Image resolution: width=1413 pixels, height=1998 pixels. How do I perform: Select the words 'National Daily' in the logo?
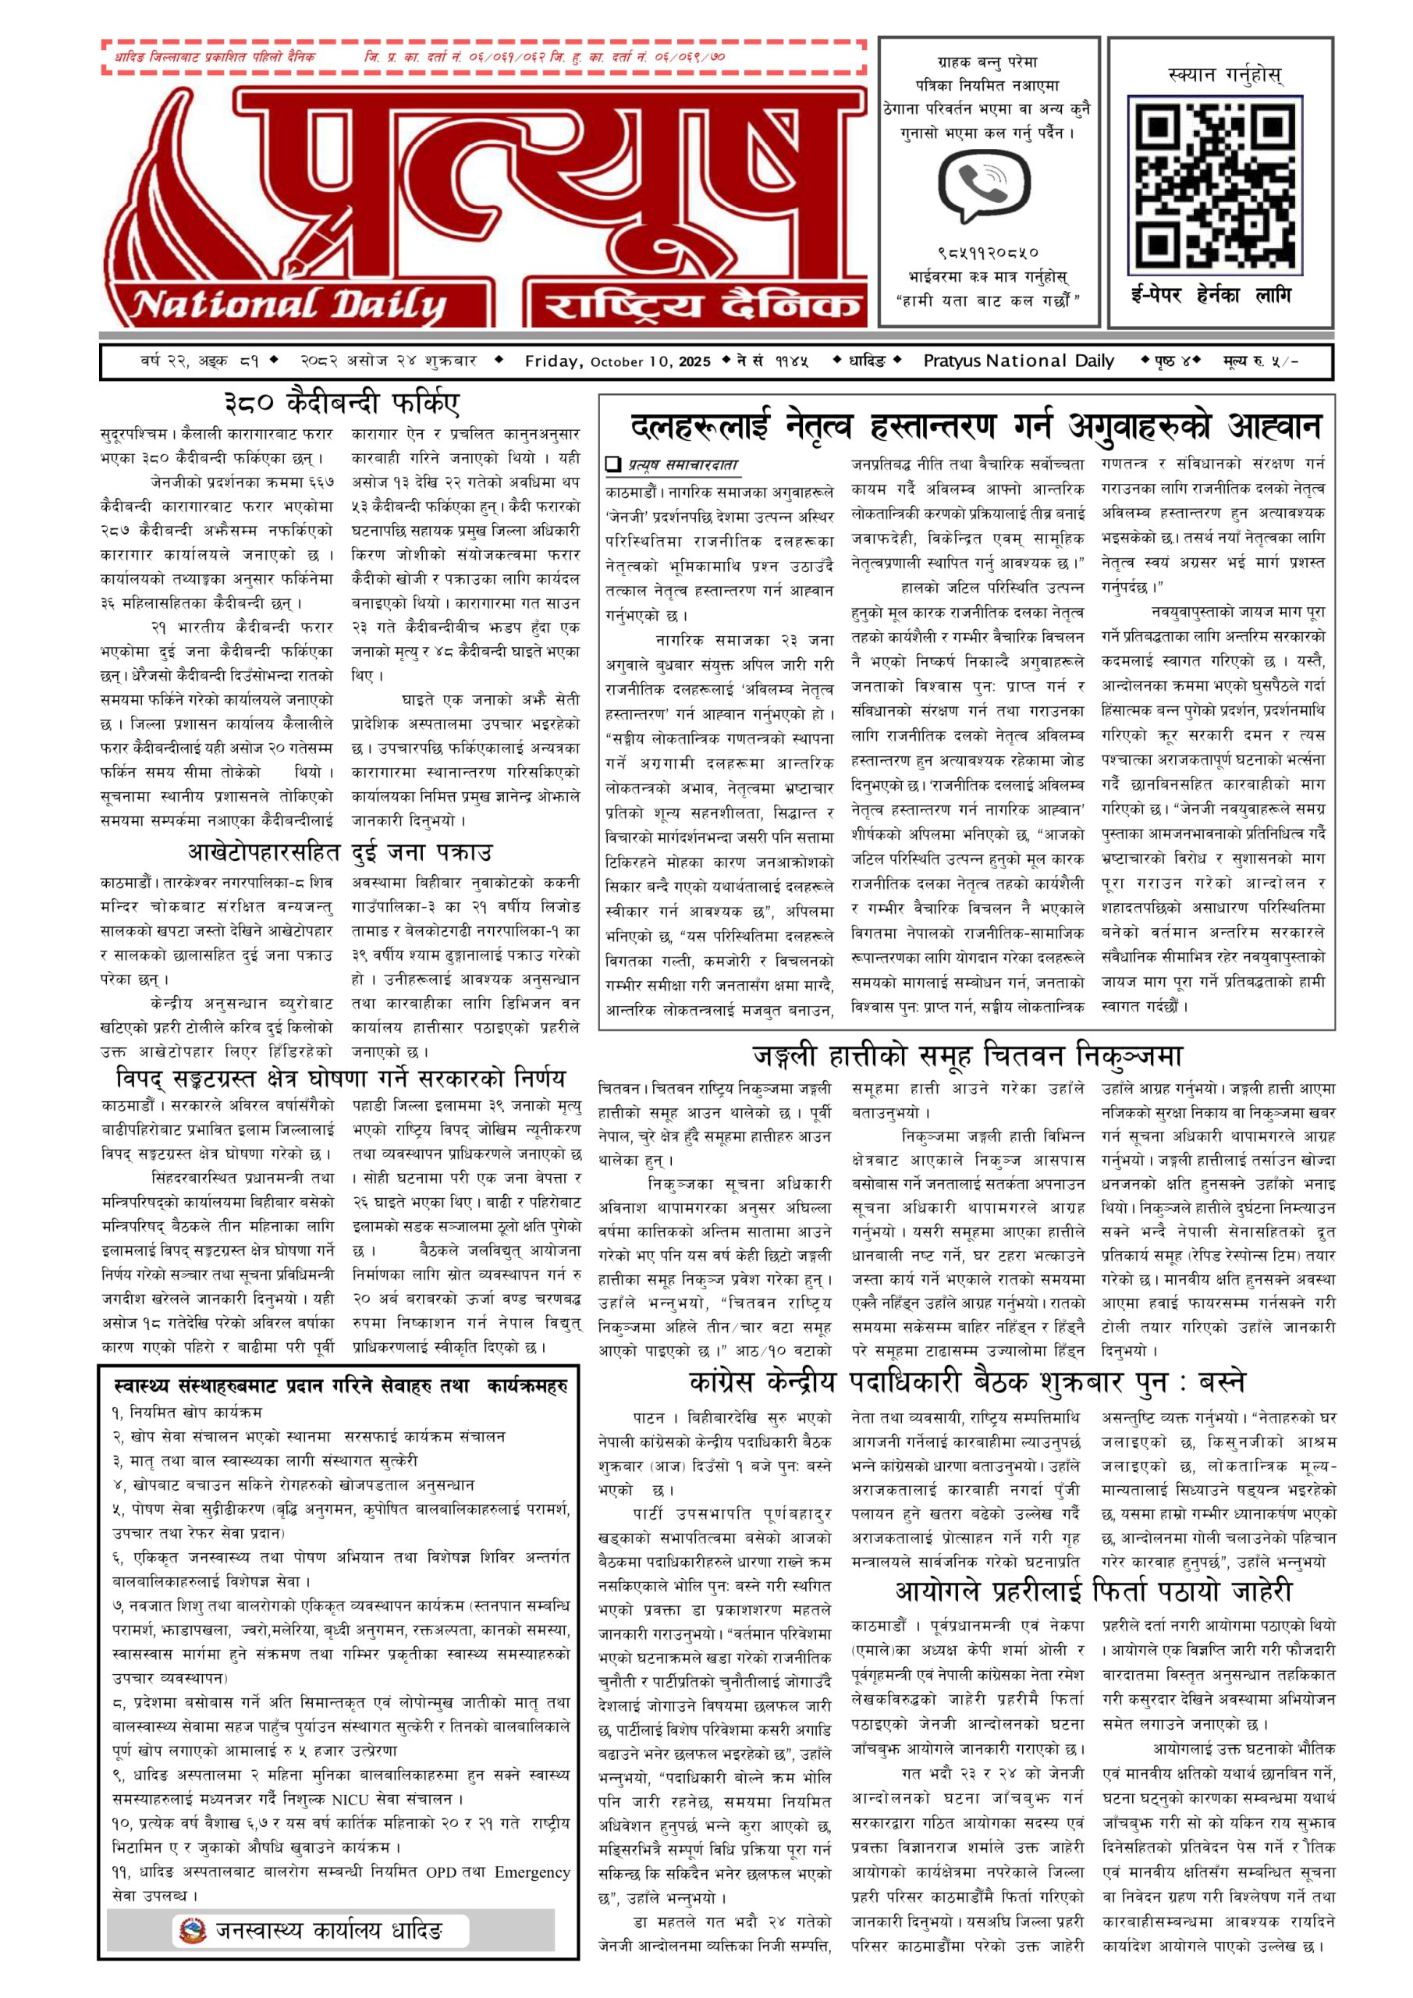(289, 305)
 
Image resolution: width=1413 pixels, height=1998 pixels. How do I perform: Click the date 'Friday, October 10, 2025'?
(617, 361)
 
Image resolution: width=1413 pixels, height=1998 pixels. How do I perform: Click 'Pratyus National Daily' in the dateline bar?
(1018, 361)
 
